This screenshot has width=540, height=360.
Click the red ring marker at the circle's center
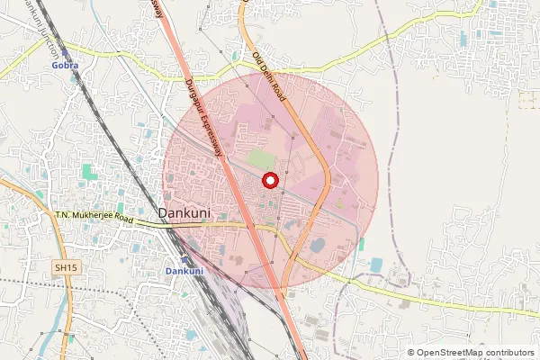coord(269,181)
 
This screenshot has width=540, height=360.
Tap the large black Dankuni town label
coord(185,212)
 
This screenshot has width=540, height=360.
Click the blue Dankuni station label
coord(184,271)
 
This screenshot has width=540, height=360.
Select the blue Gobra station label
coord(65,66)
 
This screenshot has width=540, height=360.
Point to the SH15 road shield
coord(65,267)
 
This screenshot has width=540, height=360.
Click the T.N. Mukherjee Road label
coord(94,217)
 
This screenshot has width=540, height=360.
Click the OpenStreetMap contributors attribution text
coord(471,353)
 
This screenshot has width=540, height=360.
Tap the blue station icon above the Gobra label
coord(65,54)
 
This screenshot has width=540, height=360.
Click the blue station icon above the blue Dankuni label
coord(184,259)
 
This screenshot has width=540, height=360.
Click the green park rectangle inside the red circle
coord(260,158)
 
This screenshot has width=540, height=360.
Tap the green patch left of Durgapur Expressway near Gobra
coord(87,170)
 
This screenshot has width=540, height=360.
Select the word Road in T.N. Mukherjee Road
coord(123,219)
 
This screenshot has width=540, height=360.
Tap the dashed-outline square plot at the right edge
coord(526,99)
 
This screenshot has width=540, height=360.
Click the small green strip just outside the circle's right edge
coord(361,244)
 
